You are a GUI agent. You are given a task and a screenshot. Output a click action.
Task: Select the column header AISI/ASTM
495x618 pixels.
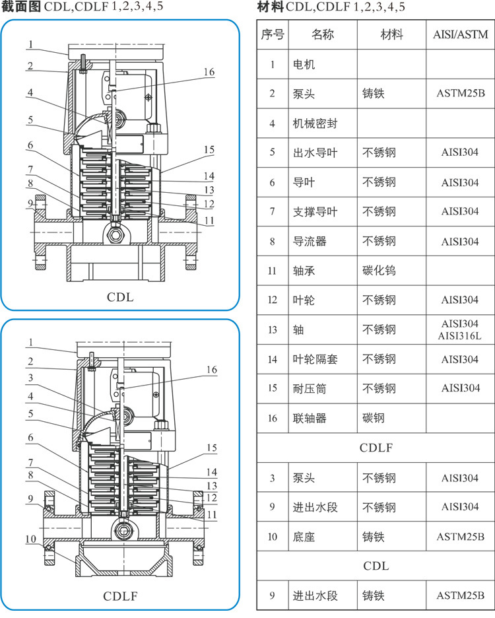[461, 34]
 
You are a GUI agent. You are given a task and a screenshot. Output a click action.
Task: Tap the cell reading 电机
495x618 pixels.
[304, 65]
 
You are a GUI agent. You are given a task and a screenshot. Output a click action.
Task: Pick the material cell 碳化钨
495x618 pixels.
[379, 270]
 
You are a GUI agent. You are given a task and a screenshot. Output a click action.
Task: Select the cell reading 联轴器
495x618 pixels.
[310, 418]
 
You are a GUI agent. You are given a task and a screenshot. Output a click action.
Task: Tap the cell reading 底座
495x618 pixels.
[304, 537]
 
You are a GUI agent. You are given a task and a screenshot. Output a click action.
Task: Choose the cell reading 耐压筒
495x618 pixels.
[310, 388]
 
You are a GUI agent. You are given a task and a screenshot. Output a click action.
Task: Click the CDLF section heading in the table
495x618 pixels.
[376, 448]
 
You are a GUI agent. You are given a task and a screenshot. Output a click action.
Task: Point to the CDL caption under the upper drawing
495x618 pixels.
[120, 297]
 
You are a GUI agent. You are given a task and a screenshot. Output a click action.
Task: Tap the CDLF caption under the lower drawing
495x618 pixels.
[120, 596]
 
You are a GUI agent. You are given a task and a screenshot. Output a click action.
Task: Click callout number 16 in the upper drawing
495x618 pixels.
[209, 72]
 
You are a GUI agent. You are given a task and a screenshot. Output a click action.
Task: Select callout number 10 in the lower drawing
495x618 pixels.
[31, 539]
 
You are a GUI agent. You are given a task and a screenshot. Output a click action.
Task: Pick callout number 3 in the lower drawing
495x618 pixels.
[30, 378]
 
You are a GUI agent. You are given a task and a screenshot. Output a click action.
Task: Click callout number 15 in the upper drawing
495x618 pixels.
[209, 150]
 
